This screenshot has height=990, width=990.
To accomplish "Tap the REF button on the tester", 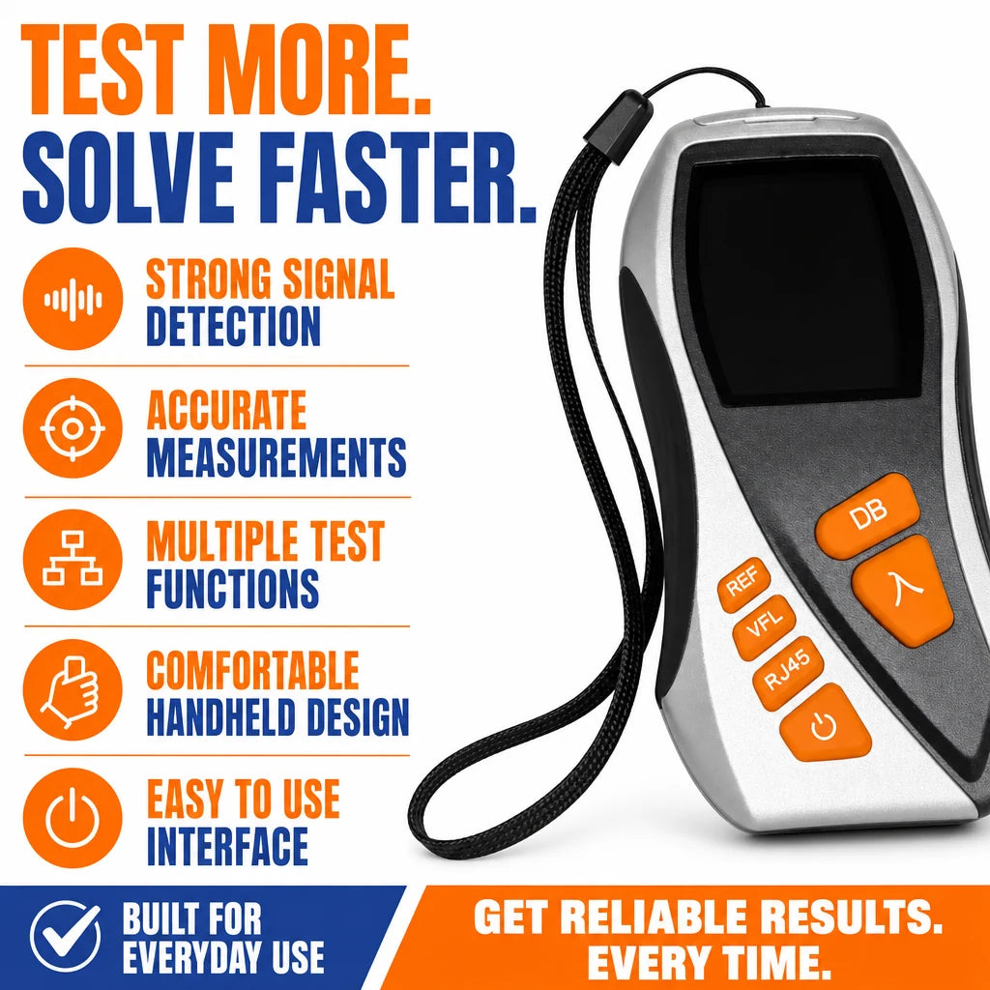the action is click(744, 585).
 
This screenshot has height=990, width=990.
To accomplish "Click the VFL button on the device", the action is click(765, 626).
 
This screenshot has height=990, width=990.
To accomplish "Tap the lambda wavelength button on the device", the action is click(904, 590).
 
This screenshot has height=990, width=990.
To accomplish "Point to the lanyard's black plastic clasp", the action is click(618, 121).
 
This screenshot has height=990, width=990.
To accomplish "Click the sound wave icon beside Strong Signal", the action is click(73, 299).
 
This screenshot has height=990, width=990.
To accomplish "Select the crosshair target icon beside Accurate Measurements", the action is click(73, 428).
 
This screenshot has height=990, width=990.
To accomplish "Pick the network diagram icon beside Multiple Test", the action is click(73, 559).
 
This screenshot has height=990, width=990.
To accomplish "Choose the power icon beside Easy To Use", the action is click(73, 818).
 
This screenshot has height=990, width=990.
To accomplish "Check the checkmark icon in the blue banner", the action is click(66, 936).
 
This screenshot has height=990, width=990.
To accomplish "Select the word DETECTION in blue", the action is click(234, 326).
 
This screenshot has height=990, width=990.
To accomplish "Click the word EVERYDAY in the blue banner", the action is click(194, 957).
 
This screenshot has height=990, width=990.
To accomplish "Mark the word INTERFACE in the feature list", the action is click(228, 846).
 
